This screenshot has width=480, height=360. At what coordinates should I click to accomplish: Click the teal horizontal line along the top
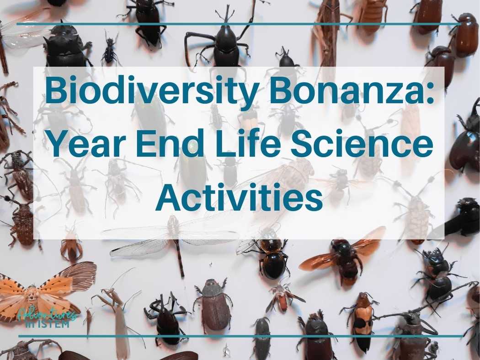tap(238, 23)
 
